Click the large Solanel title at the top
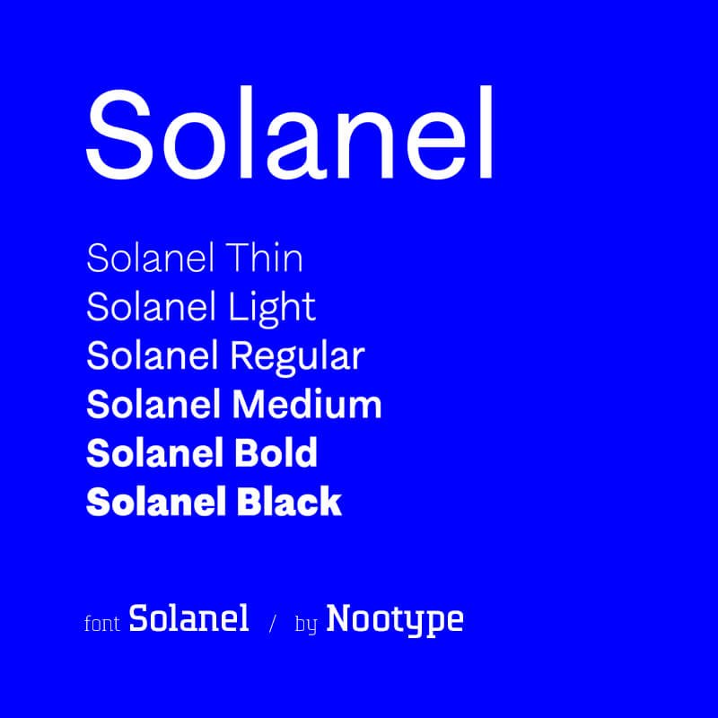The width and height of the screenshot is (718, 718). point(289,133)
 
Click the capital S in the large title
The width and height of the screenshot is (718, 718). point(119,134)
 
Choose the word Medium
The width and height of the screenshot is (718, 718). point(307,405)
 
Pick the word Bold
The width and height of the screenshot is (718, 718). point(276,452)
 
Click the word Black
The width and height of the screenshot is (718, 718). point(289,501)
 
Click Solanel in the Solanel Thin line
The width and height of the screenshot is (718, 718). point(150,258)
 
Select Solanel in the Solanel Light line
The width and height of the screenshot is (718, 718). point(151,306)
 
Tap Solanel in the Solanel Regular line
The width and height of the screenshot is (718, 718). point(152,355)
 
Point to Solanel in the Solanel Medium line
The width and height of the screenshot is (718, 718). point(153,405)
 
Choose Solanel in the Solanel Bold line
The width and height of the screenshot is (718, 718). point(154,452)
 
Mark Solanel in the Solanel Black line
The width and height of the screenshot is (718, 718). point(155,501)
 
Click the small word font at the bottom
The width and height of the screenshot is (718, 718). point(102,623)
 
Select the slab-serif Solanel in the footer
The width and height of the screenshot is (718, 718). point(188,617)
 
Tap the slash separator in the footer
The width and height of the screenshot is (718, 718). point(273,623)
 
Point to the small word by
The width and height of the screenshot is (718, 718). point(306,625)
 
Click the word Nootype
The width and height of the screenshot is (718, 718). point(395,620)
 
